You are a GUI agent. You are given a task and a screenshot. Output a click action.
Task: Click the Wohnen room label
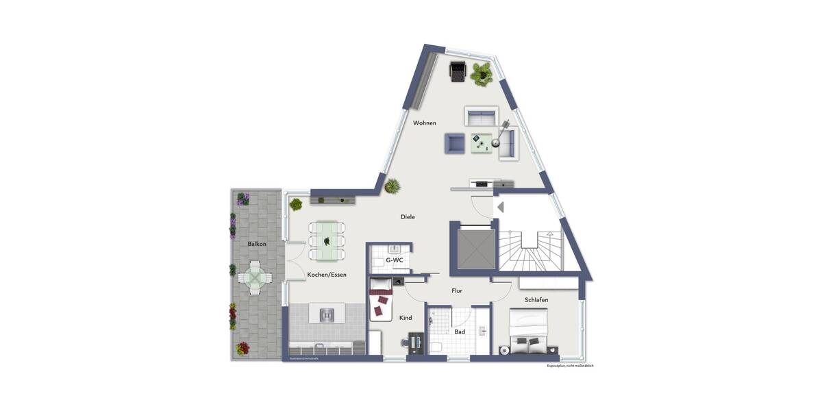424,123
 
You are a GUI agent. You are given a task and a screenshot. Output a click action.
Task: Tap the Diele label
408,217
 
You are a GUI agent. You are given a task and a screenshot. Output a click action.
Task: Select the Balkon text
257,244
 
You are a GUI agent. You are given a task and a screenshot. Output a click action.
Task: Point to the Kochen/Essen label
327,275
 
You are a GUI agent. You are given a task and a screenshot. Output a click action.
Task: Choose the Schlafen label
536,300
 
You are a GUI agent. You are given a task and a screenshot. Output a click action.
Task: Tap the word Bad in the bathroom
460,332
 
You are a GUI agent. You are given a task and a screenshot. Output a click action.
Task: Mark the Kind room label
405,318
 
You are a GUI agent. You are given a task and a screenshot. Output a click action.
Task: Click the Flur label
457,290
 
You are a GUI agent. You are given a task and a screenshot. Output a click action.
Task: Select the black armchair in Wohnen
458,71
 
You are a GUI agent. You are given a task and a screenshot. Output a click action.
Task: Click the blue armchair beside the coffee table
454,142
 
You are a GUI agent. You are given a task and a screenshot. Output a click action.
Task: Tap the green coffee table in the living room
482,142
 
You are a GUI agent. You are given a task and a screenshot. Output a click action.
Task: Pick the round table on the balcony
254,277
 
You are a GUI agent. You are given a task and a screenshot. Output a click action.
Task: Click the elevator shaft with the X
472,246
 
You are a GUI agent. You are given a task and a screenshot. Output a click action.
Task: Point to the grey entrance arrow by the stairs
500,207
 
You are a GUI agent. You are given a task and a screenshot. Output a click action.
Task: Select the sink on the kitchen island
327,314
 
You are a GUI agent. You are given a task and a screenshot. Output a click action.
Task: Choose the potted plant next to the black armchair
481,73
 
